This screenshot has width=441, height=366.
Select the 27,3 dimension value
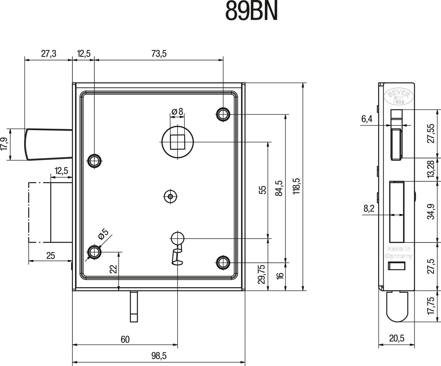(x=49, y=54)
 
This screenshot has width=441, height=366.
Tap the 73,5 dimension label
(x=159, y=54)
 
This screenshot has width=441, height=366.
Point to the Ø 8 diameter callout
(x=177, y=111)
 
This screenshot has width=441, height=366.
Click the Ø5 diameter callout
(x=103, y=234)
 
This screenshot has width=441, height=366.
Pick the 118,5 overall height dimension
(x=297, y=186)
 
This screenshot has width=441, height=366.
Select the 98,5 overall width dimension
(x=159, y=356)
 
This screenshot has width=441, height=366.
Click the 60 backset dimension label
(x=125, y=340)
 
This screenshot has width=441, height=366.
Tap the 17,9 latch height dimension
(x=4, y=144)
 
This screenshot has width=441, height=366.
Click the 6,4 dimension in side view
(x=367, y=119)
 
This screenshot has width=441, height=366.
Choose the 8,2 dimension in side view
(x=369, y=209)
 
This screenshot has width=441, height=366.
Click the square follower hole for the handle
(x=178, y=142)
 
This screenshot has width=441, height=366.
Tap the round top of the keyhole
(x=178, y=238)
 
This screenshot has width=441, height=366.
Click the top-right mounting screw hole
(x=223, y=114)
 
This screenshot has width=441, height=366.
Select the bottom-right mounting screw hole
(x=223, y=263)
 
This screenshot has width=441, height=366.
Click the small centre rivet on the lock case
(x=171, y=196)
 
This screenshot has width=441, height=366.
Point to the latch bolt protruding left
(x=49, y=144)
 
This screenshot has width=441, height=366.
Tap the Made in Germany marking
(x=398, y=252)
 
